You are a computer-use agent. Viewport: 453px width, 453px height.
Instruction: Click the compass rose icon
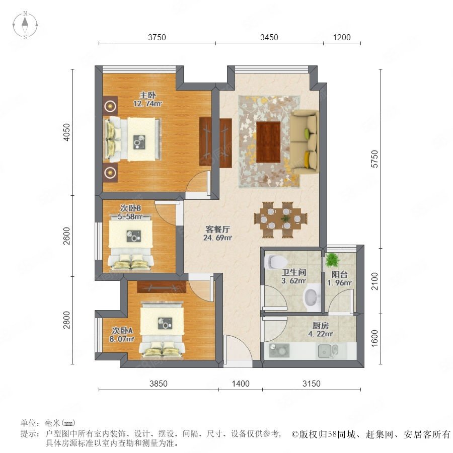(25, 25)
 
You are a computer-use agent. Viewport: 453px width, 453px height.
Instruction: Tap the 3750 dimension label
(157, 37)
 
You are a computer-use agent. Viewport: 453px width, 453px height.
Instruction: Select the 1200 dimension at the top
(342, 37)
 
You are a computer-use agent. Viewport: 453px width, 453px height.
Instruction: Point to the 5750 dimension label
(374, 159)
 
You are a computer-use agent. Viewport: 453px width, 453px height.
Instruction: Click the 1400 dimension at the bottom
(241, 384)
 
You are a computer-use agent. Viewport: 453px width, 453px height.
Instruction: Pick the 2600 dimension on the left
(67, 236)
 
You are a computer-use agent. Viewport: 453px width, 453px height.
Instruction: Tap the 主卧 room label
(147, 95)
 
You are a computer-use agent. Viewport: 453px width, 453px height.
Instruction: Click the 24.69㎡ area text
(217, 238)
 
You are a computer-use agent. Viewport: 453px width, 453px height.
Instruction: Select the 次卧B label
(130, 208)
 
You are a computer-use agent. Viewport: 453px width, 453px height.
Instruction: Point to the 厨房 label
(321, 326)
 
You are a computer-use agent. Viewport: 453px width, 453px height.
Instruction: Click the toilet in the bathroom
(276, 262)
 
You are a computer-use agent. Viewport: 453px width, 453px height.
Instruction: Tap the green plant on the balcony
(333, 260)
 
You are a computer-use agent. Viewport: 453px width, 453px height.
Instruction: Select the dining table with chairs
(280, 219)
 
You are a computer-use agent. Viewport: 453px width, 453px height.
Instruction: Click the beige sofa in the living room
(305, 142)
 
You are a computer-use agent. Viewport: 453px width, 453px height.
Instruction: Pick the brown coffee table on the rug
(268, 142)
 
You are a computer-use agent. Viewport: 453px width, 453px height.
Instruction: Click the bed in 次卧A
(162, 330)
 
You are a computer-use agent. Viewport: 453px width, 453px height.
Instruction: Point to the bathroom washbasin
(312, 297)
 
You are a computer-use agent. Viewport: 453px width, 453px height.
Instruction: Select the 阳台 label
(339, 274)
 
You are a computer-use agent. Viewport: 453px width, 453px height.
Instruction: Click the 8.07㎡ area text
(122, 339)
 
